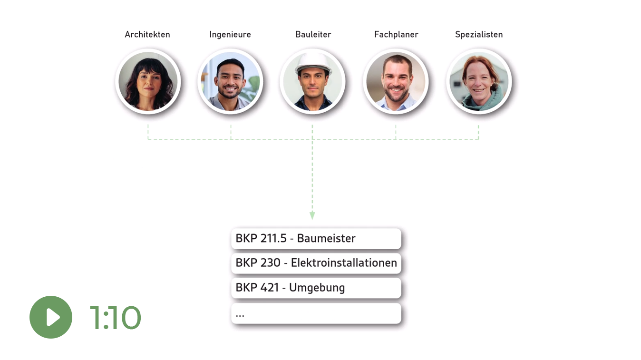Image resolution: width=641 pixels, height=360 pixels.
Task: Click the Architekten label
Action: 147,34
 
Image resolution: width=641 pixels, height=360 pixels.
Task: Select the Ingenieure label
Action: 230,35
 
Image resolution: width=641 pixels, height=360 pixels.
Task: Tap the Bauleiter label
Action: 313,34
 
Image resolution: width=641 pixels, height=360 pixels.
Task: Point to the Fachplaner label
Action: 396,35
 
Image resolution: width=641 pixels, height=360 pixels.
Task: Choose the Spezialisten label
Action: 479,35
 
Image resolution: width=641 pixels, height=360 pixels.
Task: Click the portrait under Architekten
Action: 148,81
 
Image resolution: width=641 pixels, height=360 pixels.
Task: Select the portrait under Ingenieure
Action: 230,81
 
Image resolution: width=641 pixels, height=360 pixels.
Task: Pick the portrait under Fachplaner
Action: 396,81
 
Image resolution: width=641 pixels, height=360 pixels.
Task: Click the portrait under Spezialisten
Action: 479,81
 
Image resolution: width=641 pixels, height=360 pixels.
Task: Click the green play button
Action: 51,317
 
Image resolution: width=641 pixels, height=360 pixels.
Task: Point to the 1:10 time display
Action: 116,317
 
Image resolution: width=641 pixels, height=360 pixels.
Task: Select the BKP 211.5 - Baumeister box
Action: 316,239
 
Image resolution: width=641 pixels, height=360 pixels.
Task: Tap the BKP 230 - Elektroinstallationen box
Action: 316,263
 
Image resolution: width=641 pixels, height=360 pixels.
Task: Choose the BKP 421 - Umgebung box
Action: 316,288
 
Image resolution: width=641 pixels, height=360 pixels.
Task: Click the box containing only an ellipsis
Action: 316,313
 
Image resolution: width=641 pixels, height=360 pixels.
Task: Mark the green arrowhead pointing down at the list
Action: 312,215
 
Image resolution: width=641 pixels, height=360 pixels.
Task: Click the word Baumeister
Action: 326,238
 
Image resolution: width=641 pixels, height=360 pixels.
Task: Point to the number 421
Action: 269,288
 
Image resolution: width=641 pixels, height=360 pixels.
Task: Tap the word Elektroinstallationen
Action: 344,263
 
